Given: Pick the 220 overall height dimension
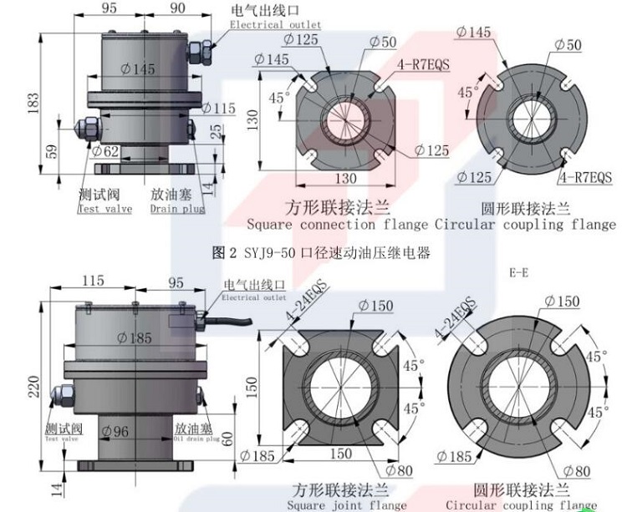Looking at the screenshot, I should (32, 387).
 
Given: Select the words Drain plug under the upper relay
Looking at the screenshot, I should (176, 209).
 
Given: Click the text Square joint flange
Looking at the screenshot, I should (346, 504).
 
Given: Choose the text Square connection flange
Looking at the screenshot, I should (338, 225).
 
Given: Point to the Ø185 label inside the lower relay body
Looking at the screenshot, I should (138, 338).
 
